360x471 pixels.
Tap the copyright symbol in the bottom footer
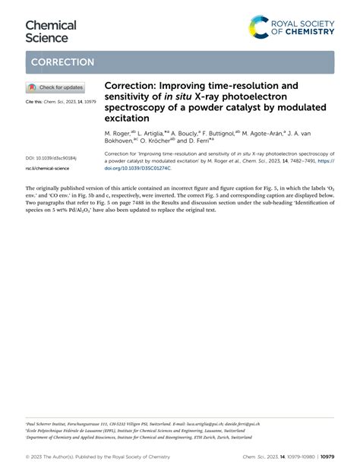point(28,456)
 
